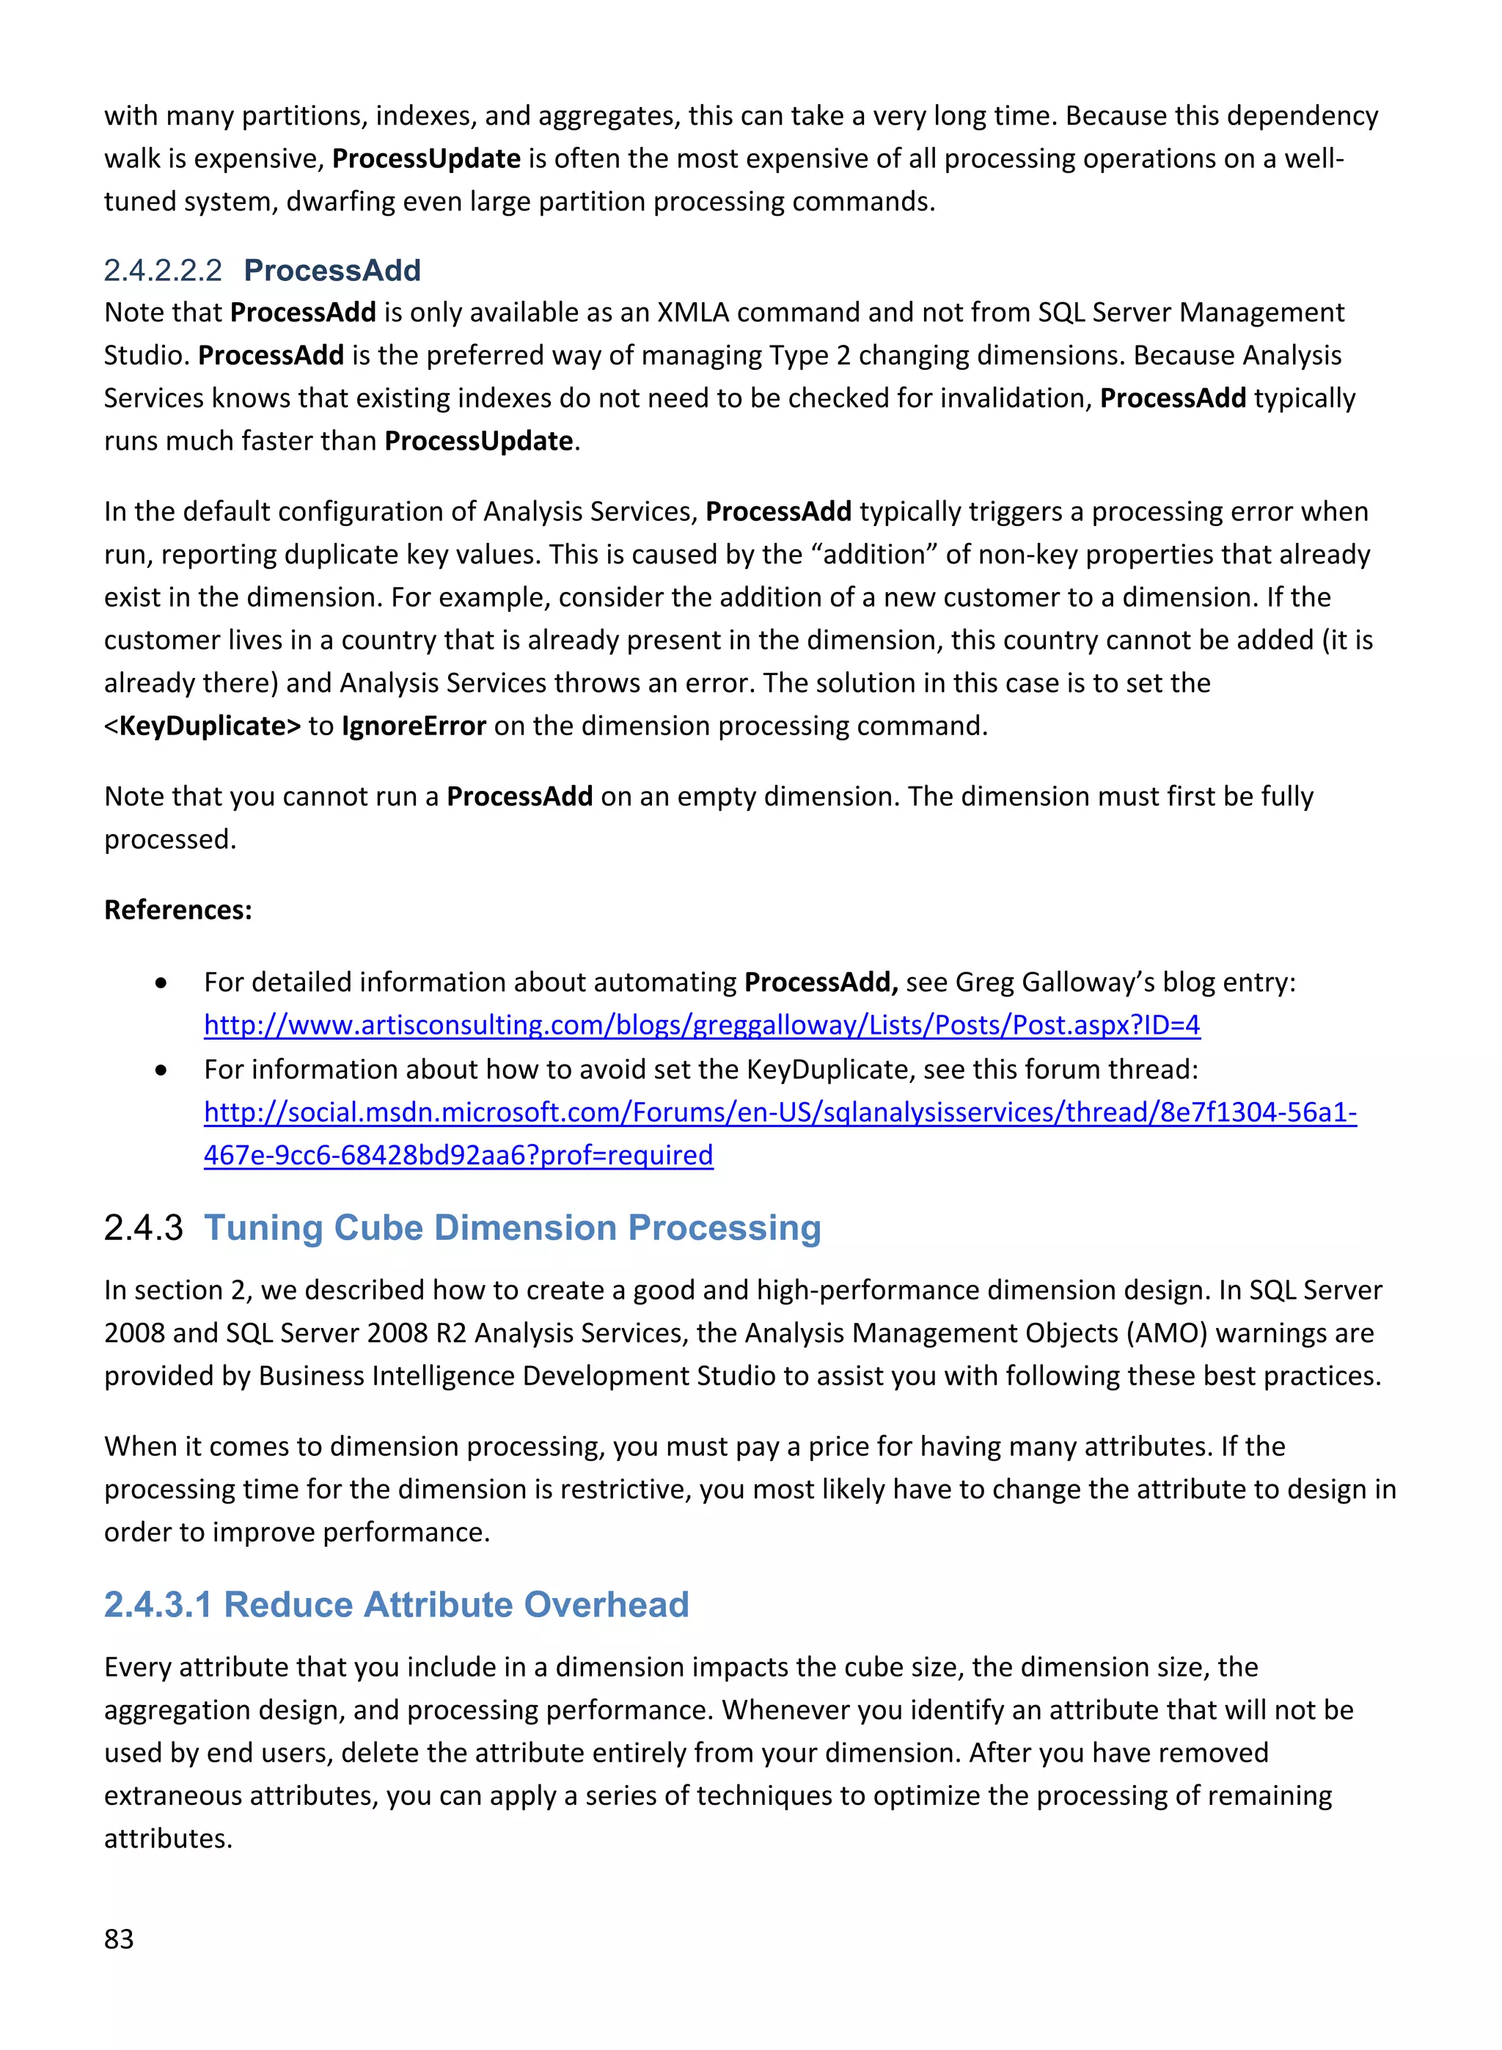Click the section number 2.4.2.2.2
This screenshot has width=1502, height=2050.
(x=163, y=270)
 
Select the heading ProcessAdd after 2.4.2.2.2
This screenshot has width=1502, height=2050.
(x=331, y=270)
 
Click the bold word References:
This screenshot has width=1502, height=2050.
(x=178, y=910)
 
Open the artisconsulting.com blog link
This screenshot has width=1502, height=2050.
(x=701, y=1025)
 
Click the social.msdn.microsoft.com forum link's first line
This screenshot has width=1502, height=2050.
(x=779, y=1112)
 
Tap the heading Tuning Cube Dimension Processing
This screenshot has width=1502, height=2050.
(x=512, y=1227)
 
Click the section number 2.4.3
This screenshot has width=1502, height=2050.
(x=144, y=1228)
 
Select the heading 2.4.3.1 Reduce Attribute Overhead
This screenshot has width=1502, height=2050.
(x=397, y=1605)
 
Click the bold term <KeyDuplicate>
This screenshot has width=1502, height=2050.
(x=202, y=726)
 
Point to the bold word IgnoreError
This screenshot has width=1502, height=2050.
(x=414, y=726)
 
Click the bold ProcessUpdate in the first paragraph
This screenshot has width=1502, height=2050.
(x=425, y=158)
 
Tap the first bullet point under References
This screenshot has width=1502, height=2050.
(x=161, y=983)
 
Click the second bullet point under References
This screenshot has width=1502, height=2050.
(x=161, y=1070)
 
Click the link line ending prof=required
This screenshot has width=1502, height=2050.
(x=458, y=1155)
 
